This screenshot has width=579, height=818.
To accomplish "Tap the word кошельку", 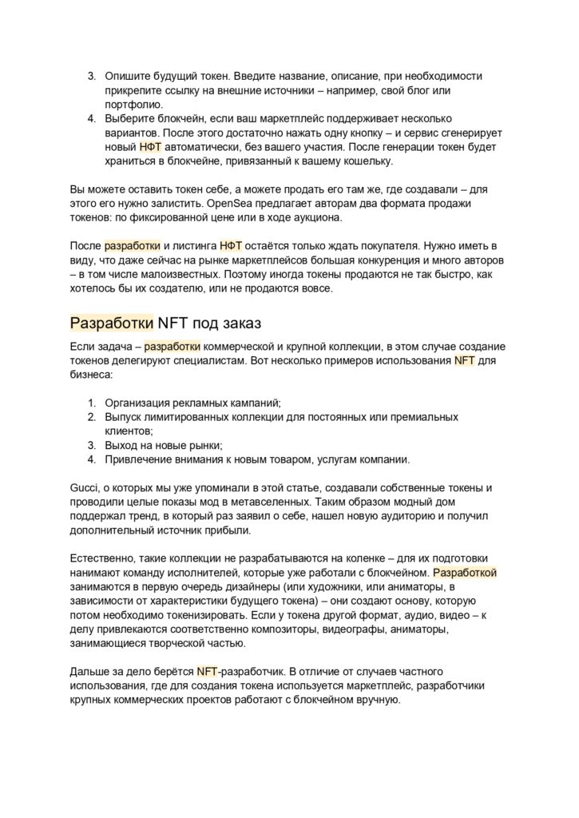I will [x=364, y=161].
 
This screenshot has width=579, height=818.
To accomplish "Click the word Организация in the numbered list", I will [x=141, y=403].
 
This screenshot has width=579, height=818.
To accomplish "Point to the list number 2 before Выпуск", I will [x=92, y=417].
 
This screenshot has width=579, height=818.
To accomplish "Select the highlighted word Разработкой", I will [x=465, y=574].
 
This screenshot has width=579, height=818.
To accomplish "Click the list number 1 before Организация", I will [x=92, y=403].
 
